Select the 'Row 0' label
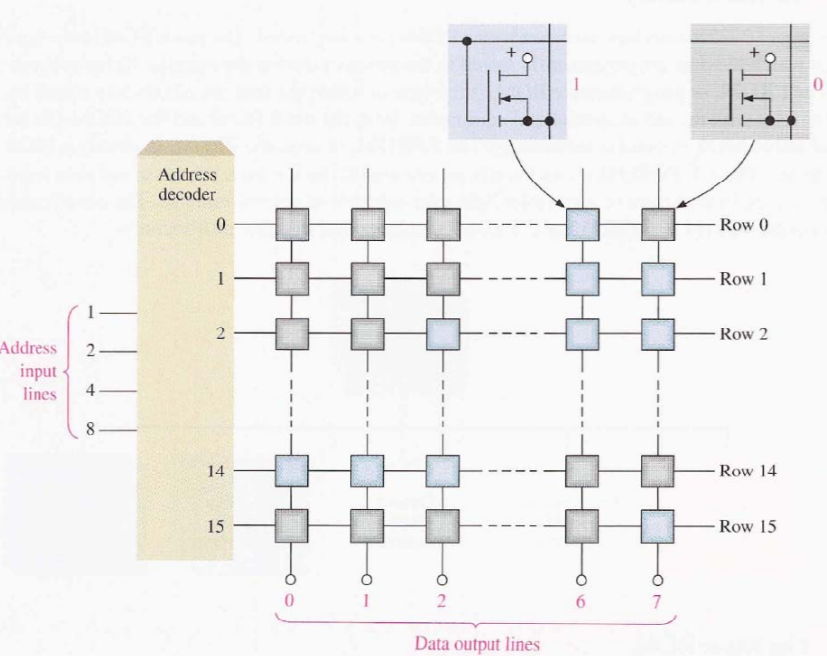click(x=744, y=224)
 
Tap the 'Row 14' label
click(x=748, y=471)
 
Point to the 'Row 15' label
click(x=748, y=525)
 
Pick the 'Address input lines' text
click(x=30, y=372)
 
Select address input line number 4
click(x=88, y=392)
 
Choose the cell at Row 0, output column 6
click(x=582, y=225)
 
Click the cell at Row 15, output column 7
click(x=657, y=525)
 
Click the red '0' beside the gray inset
click(x=817, y=85)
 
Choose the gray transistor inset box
click(x=743, y=83)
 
